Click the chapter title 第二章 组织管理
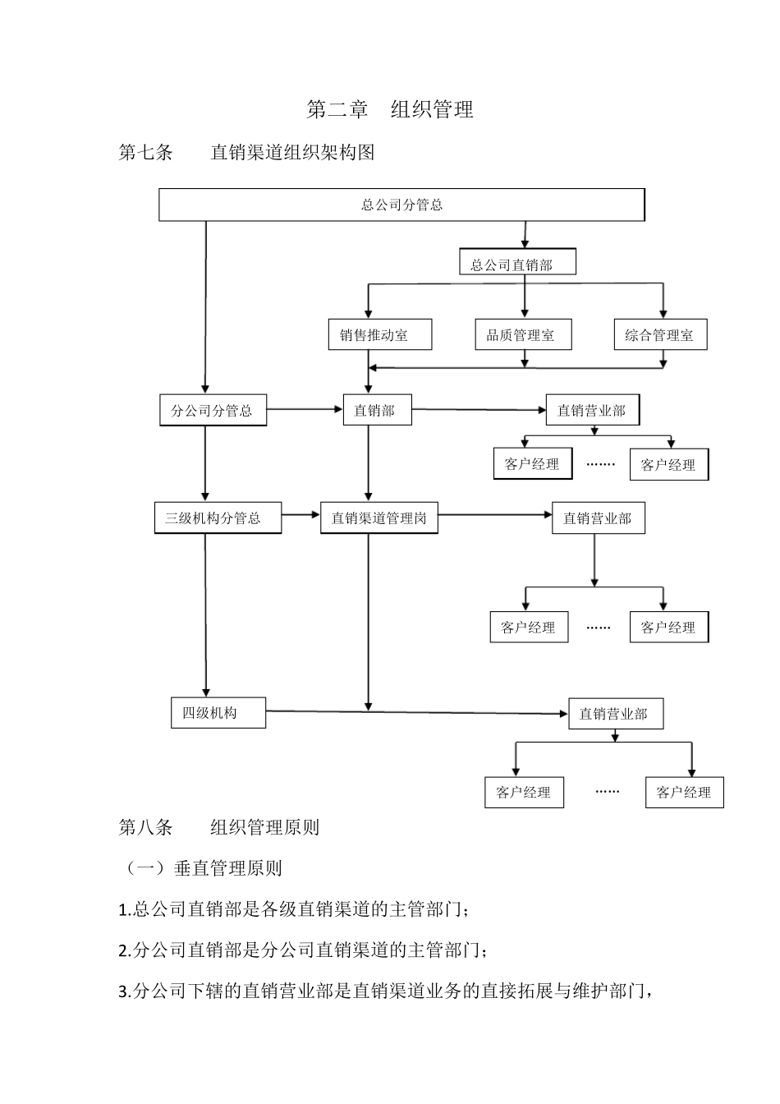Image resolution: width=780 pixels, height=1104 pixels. pos(390,109)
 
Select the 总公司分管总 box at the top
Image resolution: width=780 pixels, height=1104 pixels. pos(401,205)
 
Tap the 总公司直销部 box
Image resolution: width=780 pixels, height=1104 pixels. pos(517,264)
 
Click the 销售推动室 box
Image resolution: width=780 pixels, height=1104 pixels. pos(379,335)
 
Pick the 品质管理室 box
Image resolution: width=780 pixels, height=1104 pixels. pos(523,335)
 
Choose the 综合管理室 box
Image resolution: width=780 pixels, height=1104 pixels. pos(660,335)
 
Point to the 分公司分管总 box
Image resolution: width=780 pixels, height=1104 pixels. pos(213,410)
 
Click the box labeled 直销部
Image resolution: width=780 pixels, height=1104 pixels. pos(377,410)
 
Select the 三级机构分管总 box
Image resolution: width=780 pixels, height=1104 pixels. pos(218,518)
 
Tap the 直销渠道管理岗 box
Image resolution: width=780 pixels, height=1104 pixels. pos(379,518)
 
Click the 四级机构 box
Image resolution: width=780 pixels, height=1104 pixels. pos(218,712)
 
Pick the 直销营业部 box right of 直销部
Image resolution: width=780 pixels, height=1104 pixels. pos(592,410)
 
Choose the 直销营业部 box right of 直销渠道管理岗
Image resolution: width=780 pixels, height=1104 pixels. pos(598,518)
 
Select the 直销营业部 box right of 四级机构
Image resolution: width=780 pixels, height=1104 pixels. pos(616,714)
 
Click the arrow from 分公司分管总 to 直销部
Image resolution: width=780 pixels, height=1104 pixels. pos(305,409)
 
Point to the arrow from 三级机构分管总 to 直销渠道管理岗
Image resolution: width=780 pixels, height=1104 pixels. pos(301,515)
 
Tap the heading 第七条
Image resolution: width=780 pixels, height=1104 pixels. pos(146,153)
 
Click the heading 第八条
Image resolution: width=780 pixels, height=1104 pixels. pos(146,827)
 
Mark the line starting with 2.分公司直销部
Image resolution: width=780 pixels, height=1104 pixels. pos(304,951)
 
